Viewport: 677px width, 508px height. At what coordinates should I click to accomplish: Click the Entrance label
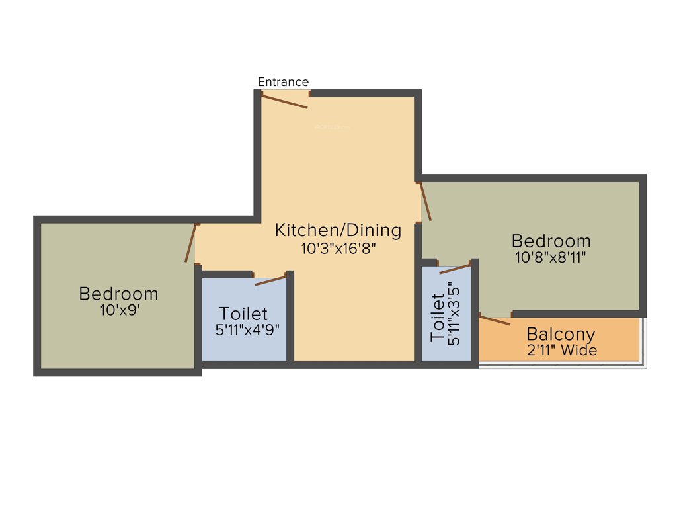[x=283, y=82]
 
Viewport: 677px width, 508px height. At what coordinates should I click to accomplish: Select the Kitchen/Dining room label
[x=338, y=230]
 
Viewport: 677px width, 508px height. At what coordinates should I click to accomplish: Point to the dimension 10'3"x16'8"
[x=338, y=249]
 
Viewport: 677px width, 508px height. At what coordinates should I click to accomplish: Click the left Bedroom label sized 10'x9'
[x=118, y=293]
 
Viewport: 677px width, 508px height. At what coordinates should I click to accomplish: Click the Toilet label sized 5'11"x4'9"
[x=243, y=313]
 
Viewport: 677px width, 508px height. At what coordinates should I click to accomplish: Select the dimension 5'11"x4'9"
[x=243, y=329]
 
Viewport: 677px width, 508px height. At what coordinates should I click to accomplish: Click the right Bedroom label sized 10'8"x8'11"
[x=551, y=240]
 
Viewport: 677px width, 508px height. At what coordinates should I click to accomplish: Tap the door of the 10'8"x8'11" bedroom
[x=426, y=201]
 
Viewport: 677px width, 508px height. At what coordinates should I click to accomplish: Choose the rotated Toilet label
[x=437, y=318]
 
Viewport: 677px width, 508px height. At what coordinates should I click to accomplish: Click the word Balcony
[x=561, y=334]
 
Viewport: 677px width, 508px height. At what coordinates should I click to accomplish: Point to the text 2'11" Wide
[x=561, y=350]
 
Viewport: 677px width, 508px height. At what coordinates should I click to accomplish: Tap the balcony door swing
[x=495, y=321]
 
